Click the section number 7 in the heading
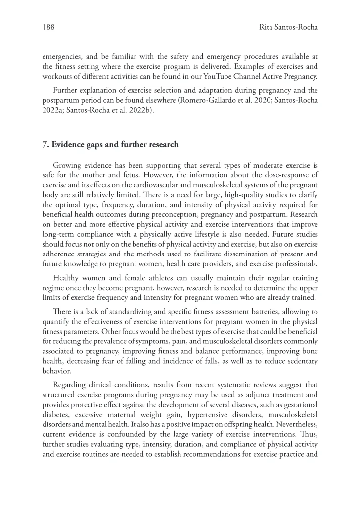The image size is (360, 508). pyautogui.click(x=45, y=146)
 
